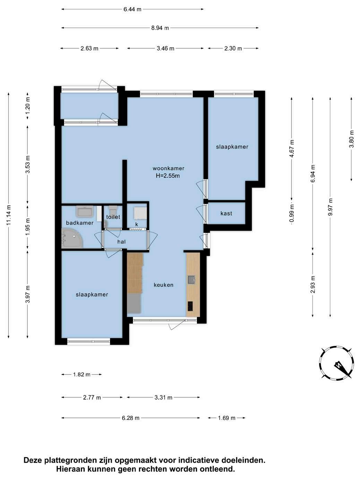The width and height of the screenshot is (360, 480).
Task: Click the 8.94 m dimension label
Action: click(x=160, y=28)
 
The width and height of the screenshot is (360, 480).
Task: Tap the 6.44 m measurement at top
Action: click(x=132, y=9)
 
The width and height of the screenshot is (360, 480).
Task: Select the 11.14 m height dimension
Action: click(x=9, y=215)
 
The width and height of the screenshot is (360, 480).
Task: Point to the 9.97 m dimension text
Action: click(x=330, y=207)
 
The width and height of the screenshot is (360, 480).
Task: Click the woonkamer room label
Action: click(x=168, y=169)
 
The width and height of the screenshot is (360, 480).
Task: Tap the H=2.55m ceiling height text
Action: click(x=168, y=175)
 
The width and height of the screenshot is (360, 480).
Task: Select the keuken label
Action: click(x=163, y=285)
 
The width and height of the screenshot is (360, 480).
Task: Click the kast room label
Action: click(x=226, y=213)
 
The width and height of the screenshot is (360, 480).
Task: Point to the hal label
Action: click(x=121, y=242)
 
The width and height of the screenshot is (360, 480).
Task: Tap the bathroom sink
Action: click(x=85, y=212)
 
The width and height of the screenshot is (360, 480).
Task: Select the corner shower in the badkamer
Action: click(x=72, y=238)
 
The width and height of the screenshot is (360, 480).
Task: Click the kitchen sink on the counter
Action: click(x=191, y=279)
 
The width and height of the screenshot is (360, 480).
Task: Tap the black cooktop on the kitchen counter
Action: click(x=190, y=306)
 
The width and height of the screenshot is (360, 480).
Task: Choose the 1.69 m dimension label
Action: click(x=227, y=418)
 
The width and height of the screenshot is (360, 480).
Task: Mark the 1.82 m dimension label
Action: click(x=82, y=375)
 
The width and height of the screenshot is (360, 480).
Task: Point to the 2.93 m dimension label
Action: click(x=313, y=284)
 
